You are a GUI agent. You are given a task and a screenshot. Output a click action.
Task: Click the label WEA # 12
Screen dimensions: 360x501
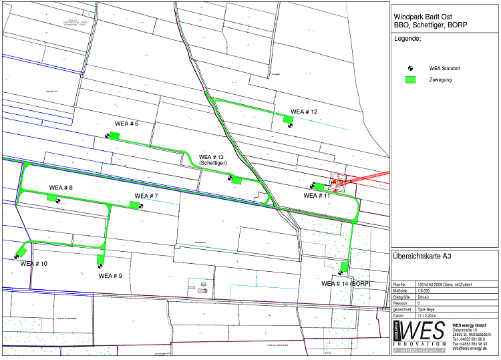point(304,112)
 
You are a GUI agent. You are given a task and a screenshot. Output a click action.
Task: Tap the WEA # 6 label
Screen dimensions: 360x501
point(126,124)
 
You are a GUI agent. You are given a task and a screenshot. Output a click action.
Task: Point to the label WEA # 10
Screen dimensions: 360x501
point(34,264)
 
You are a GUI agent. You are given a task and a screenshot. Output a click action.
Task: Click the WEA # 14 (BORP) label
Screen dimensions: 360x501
point(346,283)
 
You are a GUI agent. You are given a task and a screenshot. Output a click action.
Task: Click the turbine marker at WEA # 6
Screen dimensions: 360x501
point(108,136)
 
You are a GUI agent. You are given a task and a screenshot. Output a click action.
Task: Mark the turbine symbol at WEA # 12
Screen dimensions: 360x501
point(289,125)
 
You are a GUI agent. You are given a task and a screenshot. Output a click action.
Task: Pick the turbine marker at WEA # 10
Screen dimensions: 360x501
point(16,256)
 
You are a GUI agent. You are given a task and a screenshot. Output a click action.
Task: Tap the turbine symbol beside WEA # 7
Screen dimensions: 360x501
point(141,206)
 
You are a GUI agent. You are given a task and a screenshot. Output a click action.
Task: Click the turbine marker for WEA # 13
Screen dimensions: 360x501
point(230,178)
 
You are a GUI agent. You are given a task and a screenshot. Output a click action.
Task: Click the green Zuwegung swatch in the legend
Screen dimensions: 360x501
point(411,79)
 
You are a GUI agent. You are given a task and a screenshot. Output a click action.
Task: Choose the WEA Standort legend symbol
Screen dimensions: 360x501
point(411,68)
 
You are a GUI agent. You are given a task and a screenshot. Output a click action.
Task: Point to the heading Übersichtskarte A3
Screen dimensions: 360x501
point(422,256)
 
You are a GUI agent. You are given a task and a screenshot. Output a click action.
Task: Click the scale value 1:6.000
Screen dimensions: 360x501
point(423,291)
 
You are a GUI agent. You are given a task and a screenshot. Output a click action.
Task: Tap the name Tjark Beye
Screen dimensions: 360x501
point(425,309)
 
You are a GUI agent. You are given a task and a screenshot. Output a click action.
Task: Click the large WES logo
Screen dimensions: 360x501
point(420,335)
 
